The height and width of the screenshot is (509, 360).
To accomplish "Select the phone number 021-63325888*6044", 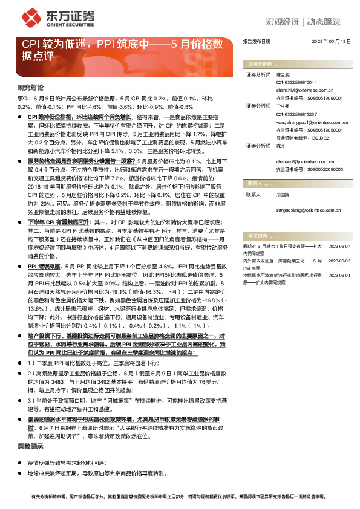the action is click(x=296, y=82).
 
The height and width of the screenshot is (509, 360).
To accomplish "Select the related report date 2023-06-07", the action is click(x=339, y=247).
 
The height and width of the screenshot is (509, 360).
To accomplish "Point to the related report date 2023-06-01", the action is click(x=339, y=274).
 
